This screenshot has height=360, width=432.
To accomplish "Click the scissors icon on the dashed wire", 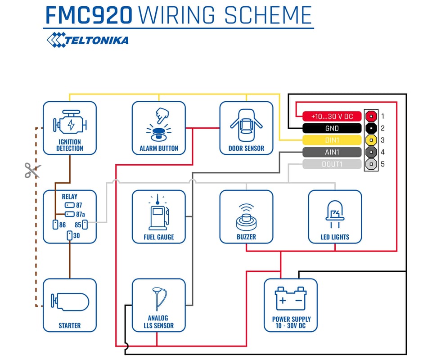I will point(32,171).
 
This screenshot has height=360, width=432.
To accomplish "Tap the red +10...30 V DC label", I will point(332,117).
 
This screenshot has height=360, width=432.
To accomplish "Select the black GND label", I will point(332,128).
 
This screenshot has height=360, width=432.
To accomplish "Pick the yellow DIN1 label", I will point(332,140).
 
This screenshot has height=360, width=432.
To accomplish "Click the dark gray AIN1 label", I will point(332,152).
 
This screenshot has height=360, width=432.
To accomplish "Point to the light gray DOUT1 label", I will point(332,164).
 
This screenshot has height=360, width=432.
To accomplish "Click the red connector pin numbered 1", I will point(371,116).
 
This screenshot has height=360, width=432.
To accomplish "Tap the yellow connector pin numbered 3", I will point(371,140).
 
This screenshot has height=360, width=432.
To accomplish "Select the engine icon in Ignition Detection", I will point(69,123).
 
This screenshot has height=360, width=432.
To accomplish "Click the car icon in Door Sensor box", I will point(246,123).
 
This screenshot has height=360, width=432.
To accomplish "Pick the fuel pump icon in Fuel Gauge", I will point(159,214).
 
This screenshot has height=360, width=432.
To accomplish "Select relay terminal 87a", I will point(70,214).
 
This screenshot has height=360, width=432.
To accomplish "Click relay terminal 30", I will point(69,235).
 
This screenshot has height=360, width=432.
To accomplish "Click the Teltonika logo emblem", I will point(56,39).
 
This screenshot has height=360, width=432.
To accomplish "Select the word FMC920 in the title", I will point(89,15).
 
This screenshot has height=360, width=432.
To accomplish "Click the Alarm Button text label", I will point(159,148).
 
